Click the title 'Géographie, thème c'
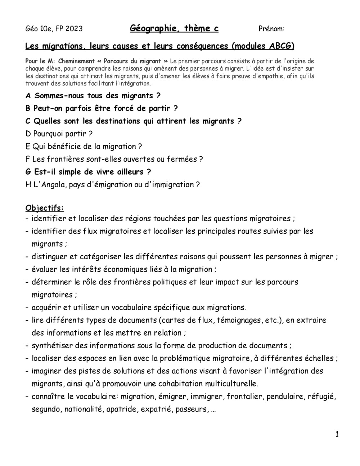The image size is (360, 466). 174,28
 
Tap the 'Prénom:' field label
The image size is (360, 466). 271,29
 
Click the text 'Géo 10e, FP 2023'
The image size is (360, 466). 54,29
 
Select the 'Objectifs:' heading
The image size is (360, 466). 45,208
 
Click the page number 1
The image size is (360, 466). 337,434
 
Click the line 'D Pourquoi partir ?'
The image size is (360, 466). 59,134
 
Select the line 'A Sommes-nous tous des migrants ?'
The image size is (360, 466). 93,96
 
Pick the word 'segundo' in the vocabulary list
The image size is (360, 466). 46,409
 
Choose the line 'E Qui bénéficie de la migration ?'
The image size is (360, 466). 84,147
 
